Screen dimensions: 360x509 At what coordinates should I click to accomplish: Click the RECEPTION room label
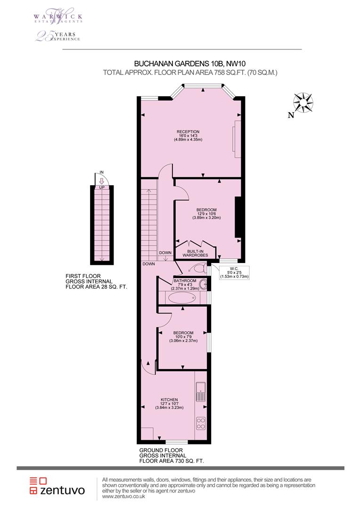(188, 131)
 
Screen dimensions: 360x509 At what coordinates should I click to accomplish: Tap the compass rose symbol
(303, 103)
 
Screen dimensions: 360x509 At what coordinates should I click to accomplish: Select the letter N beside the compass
(291, 115)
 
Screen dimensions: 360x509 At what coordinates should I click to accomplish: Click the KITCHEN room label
(169, 400)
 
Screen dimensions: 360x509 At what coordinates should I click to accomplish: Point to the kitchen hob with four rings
(201, 423)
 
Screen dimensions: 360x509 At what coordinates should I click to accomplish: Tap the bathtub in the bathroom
(180, 297)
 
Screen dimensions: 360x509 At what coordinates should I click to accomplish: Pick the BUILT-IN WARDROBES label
(195, 253)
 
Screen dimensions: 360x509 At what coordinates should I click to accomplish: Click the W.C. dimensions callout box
(234, 272)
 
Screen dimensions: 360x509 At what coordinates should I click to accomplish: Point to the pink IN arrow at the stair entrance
(101, 181)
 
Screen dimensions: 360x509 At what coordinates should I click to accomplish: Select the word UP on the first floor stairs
(102, 188)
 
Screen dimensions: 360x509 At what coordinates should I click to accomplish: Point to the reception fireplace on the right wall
(237, 140)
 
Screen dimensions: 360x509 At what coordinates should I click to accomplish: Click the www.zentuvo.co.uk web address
(123, 497)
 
